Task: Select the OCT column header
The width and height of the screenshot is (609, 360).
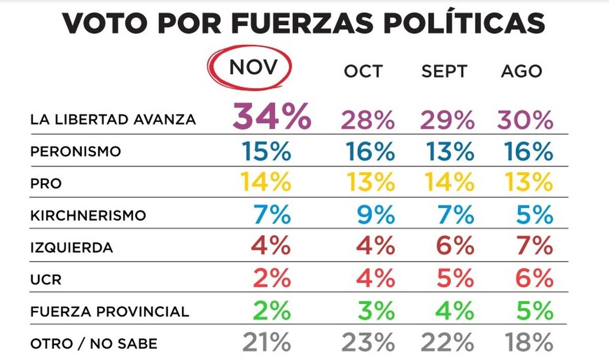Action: pos(363,72)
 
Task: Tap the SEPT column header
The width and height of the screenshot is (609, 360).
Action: pos(444,72)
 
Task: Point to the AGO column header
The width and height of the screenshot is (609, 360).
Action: pos(522,72)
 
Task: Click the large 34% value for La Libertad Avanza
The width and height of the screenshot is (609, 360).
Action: pos(272,117)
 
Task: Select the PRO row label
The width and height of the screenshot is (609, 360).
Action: pos(46,184)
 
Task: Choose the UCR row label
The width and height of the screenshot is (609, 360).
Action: pos(46,280)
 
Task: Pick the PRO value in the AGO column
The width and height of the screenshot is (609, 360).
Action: pos(526,183)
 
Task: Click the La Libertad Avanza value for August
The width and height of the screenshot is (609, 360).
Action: pos(525,121)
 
